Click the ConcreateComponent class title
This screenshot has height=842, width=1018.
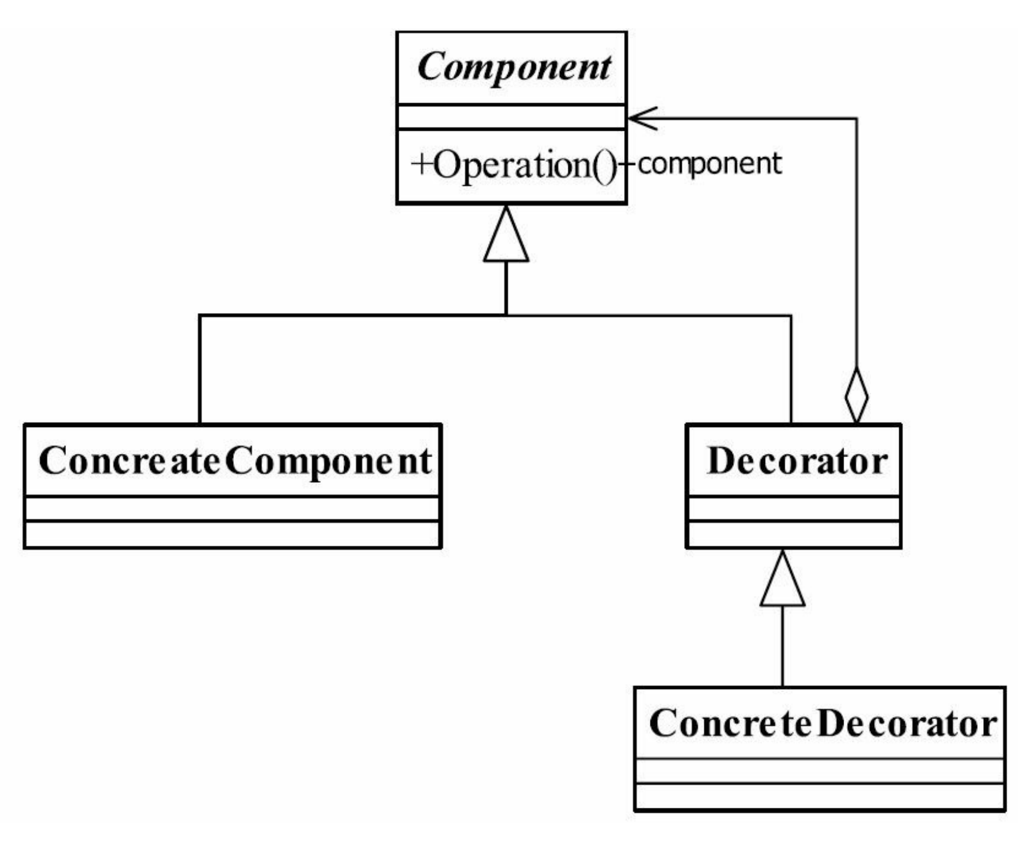click(x=235, y=461)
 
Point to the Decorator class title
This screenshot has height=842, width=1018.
click(x=797, y=461)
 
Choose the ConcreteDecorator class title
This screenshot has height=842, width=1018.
click(x=823, y=723)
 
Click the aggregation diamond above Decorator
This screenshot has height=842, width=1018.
click(x=856, y=396)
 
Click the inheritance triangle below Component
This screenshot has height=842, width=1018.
click(x=506, y=234)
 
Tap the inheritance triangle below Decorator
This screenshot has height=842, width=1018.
click(x=782, y=578)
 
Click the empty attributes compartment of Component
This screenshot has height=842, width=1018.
click(x=511, y=116)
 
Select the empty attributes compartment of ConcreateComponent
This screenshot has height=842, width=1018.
click(x=233, y=509)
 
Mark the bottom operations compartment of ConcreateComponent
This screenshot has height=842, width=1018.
click(x=233, y=534)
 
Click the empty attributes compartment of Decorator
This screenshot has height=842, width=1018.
click(x=794, y=509)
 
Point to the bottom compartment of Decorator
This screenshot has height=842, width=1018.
click(x=794, y=534)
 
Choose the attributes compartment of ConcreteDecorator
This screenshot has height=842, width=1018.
click(x=820, y=771)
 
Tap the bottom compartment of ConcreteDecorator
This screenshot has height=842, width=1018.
click(x=820, y=796)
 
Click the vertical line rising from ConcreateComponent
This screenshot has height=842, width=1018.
click(x=200, y=369)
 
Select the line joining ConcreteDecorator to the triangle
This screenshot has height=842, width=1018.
click(x=782, y=646)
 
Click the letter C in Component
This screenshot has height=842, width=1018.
click(x=430, y=67)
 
